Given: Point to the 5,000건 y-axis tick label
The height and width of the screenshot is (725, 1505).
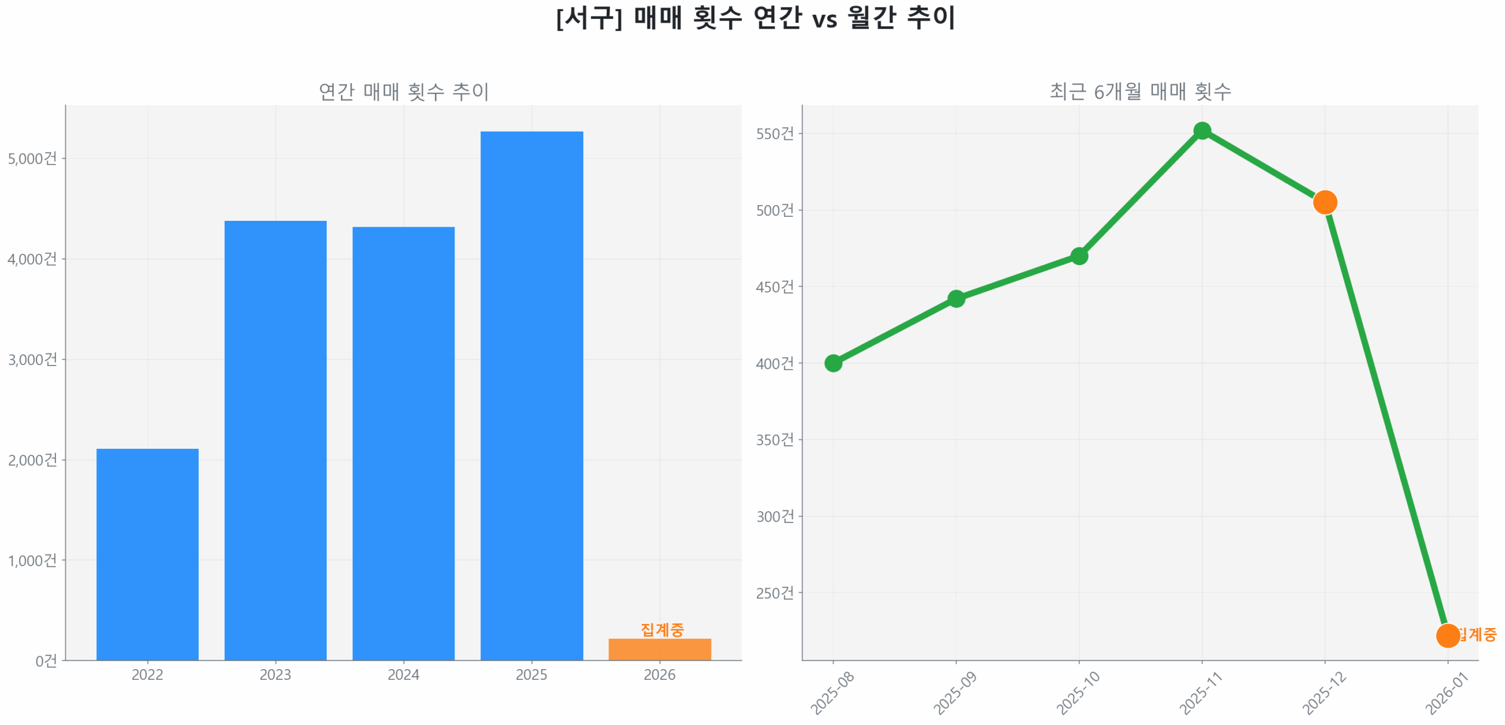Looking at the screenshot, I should tap(32, 159).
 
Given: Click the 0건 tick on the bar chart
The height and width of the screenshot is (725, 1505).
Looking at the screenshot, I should tap(46, 660).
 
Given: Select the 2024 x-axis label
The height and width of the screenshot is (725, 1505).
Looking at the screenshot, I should tap(403, 674).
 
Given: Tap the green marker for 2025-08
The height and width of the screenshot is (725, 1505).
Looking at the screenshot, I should tap(832, 362).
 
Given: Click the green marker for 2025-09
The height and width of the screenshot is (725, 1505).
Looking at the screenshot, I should tap(955, 298).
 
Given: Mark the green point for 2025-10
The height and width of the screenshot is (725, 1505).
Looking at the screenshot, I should tap(1078, 256).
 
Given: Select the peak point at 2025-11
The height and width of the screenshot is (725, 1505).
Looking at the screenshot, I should tap(1201, 130).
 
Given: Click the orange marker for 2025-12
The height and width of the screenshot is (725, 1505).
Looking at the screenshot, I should tap(1324, 202).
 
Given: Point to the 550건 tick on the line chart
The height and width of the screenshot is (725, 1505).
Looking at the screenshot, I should tap(774, 134).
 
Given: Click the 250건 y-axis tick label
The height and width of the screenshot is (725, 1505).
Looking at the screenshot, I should tap(774, 592).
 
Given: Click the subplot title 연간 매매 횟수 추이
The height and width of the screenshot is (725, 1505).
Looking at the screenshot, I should tap(403, 91).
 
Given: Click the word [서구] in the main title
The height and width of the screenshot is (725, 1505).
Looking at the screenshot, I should tap(588, 18).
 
